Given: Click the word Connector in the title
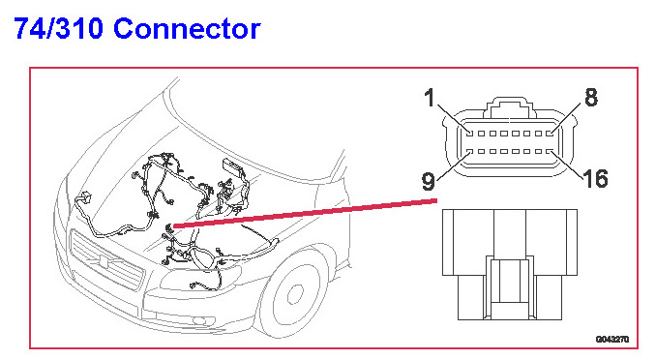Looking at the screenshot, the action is pyautogui.click(x=187, y=28).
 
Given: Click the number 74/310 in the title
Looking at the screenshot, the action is pyautogui.click(x=59, y=28).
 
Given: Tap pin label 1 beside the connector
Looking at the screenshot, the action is pyautogui.click(x=430, y=98).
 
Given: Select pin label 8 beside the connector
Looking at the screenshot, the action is pyautogui.click(x=591, y=97).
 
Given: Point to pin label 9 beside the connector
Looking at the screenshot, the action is pyautogui.click(x=428, y=181).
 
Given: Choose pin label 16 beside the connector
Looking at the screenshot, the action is pyautogui.click(x=595, y=179).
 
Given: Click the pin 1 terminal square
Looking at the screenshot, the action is pyautogui.click(x=470, y=134).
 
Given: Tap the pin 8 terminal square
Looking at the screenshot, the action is pyautogui.click(x=550, y=134).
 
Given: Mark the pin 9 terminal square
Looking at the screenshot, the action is pyautogui.click(x=470, y=152).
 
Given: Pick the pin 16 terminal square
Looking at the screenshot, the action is pyautogui.click(x=550, y=152).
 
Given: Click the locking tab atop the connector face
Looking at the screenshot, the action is pyautogui.click(x=510, y=107).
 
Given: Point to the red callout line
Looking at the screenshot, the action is pyautogui.click(x=305, y=214).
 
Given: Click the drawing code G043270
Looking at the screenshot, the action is pyautogui.click(x=612, y=339).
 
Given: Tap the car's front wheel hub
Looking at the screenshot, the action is pyautogui.click(x=295, y=293).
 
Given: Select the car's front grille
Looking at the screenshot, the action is pyautogui.click(x=106, y=260).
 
